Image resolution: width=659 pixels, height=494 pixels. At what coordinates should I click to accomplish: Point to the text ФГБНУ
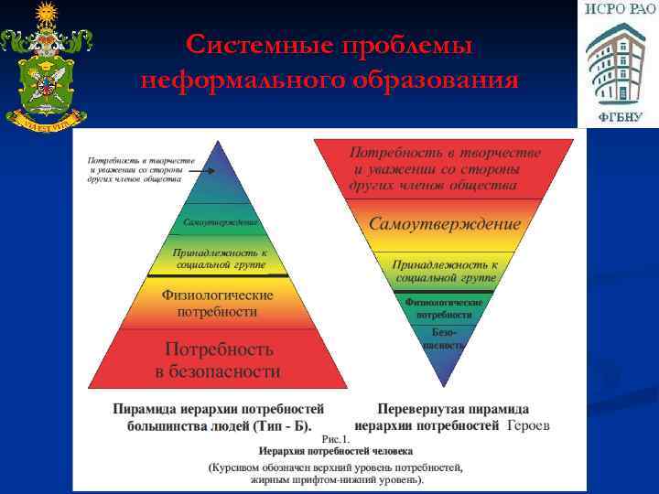[621, 117]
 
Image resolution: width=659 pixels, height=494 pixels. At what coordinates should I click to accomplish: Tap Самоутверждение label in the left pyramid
[221, 222]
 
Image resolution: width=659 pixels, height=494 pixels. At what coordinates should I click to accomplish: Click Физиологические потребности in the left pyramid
[218, 304]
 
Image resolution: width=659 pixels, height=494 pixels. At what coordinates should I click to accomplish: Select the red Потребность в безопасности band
[218, 360]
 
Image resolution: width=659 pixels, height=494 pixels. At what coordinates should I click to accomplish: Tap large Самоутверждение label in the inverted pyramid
[445, 224]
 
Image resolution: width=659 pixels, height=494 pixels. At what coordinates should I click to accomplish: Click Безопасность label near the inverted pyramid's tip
[445, 338]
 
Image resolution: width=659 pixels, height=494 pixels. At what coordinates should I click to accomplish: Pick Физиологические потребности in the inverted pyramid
[445, 307]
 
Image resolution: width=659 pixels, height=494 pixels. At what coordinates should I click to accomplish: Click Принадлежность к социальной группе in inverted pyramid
[445, 269]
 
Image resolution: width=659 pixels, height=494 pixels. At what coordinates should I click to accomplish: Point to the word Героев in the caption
[528, 425]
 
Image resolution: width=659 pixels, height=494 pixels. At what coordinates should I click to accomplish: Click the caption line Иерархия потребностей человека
[335, 451]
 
